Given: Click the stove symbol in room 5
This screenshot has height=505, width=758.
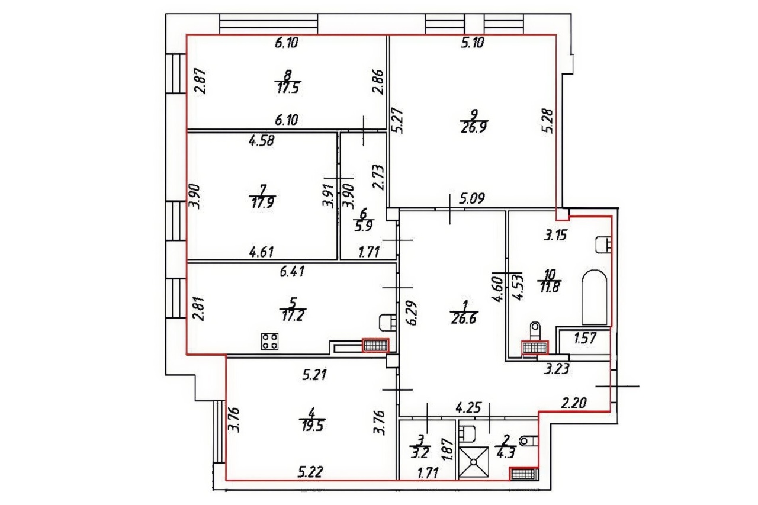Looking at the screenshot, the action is [x=269, y=341].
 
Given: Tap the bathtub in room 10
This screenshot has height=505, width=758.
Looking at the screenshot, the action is [x=595, y=297].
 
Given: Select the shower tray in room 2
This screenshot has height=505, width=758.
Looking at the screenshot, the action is [x=474, y=462].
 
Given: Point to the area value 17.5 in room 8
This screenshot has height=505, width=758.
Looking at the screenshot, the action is [x=289, y=89].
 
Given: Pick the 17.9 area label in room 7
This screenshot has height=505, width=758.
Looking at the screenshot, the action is [x=262, y=204].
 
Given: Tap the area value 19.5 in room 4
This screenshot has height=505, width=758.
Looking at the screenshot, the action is [x=312, y=426].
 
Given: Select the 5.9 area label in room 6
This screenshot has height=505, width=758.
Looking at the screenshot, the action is [x=364, y=226].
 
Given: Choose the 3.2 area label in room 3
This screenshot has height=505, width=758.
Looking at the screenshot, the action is [x=420, y=453].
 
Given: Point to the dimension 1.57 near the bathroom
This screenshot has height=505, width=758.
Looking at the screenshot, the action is [x=585, y=338].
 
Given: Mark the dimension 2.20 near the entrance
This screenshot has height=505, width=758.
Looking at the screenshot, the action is [x=574, y=403].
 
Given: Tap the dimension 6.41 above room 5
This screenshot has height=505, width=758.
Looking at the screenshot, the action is [x=293, y=272].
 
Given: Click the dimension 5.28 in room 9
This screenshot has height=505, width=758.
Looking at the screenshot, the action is [x=547, y=121].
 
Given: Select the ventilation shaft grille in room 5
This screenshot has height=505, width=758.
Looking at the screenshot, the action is [x=375, y=345].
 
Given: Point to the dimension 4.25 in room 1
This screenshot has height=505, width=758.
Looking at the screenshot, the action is [x=468, y=407].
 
